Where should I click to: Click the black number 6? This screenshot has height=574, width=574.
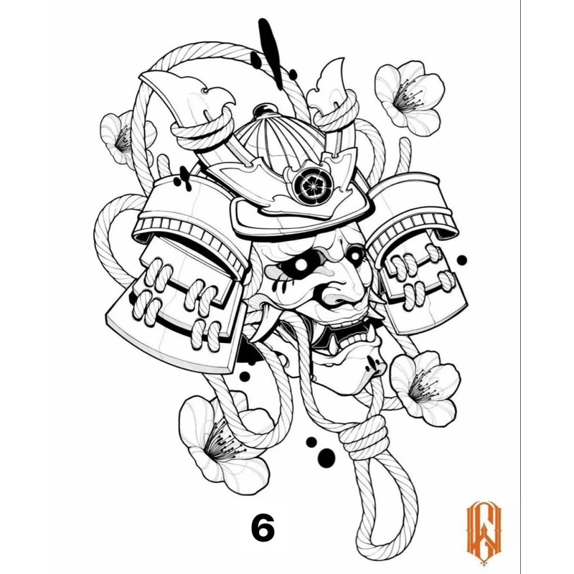(x=263, y=528)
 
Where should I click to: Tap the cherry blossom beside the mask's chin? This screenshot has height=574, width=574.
(x=425, y=389)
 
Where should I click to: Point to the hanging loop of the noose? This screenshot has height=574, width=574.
(x=381, y=512)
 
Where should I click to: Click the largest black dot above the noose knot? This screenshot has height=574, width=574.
(x=326, y=458)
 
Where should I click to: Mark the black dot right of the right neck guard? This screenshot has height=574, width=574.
(x=462, y=260)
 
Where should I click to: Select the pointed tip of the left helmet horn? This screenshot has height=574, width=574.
(x=142, y=76)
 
